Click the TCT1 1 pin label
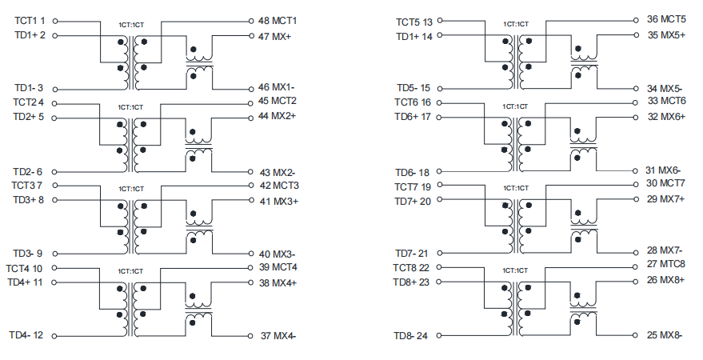click(x=30, y=21)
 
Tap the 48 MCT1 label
click(x=277, y=21)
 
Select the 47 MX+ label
click(x=274, y=36)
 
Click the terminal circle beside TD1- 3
click(x=55, y=90)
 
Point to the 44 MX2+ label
click(x=277, y=116)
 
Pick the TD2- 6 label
click(x=27, y=172)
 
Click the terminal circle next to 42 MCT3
click(x=251, y=186)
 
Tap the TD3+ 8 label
click(x=28, y=199)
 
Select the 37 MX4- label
click(x=278, y=336)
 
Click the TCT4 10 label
click(x=24, y=269)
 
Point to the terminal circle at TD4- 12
click(x=54, y=336)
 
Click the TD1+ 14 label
click(x=414, y=36)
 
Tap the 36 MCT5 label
click(x=666, y=19)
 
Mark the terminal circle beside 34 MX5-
click(x=636, y=89)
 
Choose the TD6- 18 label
click(x=412, y=173)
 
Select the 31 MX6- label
click(x=663, y=170)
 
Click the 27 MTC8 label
click(x=665, y=264)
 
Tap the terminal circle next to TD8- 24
click(x=439, y=335)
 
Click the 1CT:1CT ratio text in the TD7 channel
click(x=516, y=188)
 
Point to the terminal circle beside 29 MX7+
click(x=636, y=199)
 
